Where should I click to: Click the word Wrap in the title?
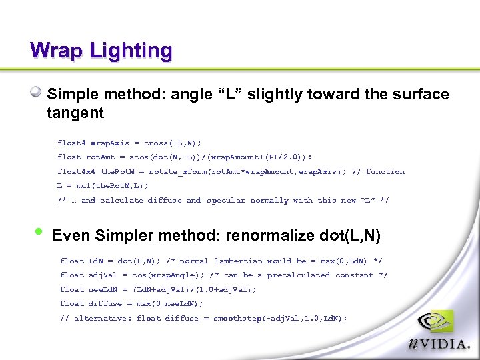(x=55, y=51)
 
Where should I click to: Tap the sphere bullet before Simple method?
(x=37, y=93)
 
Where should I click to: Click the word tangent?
(x=75, y=113)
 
